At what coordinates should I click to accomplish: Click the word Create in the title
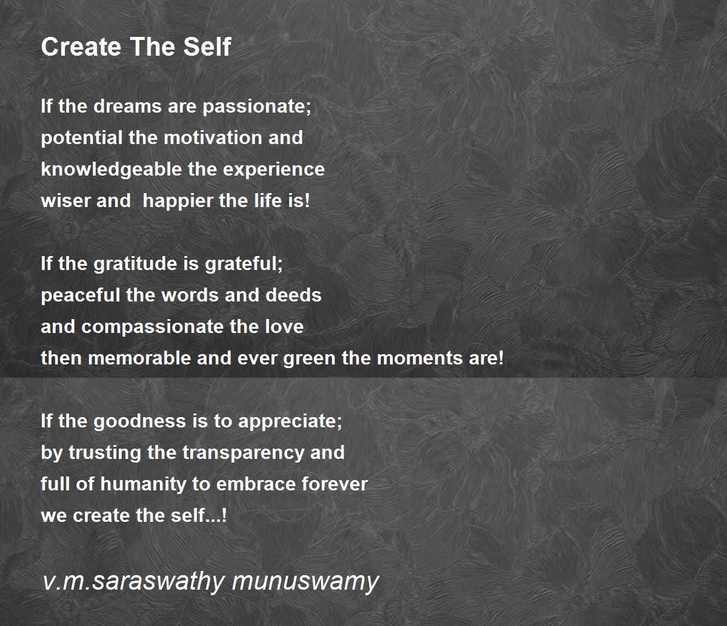coord(81,47)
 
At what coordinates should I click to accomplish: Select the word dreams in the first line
coord(127,106)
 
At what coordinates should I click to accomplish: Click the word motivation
coord(213,137)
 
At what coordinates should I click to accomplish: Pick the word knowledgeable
coord(111,170)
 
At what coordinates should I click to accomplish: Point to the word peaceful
coord(81,295)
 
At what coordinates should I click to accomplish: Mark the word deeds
coord(293,295)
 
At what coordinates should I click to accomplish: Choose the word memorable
coord(139,358)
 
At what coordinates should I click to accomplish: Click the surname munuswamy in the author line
coord(305,581)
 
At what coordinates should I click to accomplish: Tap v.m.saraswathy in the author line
coord(133,581)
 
